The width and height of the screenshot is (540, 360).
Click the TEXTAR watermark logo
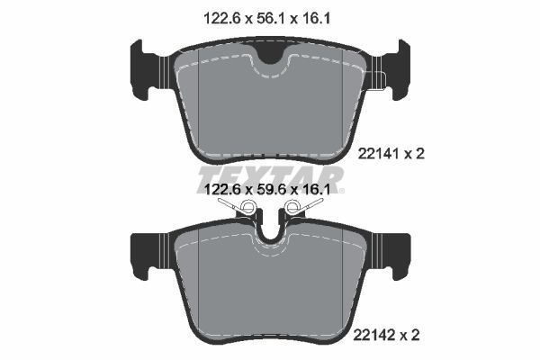click(x=269, y=175)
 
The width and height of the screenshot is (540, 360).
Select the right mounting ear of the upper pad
click(x=392, y=71)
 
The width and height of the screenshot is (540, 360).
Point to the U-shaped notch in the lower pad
click(x=270, y=230)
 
